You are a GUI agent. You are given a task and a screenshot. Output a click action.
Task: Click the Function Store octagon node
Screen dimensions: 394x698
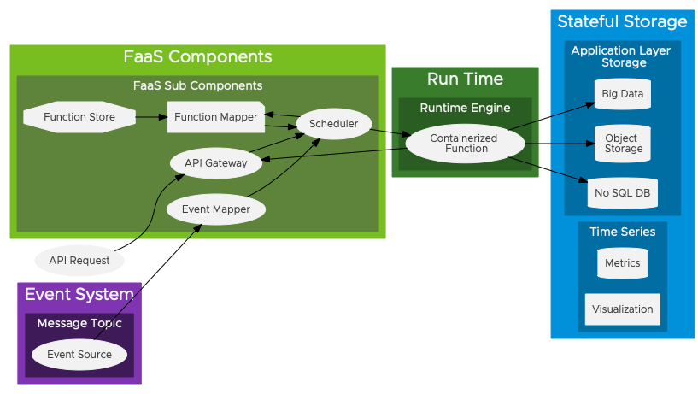coord(79,117)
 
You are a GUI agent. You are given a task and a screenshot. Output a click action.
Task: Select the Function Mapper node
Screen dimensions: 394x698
coord(215,117)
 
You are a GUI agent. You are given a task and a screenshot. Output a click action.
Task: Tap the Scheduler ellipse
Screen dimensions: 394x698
coord(333,124)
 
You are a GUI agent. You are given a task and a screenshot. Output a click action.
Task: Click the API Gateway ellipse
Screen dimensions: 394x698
coord(215,162)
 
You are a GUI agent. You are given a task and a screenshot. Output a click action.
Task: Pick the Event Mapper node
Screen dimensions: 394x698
coord(215,209)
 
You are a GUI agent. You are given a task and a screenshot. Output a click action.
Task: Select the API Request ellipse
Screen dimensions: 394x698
coord(79,260)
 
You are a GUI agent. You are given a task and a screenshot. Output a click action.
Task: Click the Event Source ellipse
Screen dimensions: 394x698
coord(79,354)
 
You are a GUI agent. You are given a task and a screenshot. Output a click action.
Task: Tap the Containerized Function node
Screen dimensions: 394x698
coord(464,144)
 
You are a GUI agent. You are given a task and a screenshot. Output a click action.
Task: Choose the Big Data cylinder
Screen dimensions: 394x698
coord(622,94)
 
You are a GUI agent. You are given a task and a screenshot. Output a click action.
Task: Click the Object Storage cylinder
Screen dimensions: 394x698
coord(623,144)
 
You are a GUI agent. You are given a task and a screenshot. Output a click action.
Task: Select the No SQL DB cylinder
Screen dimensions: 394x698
coord(622,193)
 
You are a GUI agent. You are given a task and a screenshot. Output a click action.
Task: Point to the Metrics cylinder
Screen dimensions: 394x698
coord(622,263)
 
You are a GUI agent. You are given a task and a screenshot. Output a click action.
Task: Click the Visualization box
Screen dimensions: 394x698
coord(622,309)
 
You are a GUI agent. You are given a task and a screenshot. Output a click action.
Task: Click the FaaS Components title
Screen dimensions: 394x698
coord(197,57)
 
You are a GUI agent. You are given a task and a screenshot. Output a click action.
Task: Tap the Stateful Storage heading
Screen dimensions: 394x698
coord(622,22)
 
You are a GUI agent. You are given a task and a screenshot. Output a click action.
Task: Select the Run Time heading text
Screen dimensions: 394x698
coord(465,79)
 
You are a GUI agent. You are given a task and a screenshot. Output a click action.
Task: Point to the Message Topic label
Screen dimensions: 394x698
coord(79,323)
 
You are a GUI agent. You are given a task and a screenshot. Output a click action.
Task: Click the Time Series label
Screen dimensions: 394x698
coord(622,232)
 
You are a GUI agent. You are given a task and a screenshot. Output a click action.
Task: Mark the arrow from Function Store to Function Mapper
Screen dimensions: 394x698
coord(151,117)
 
